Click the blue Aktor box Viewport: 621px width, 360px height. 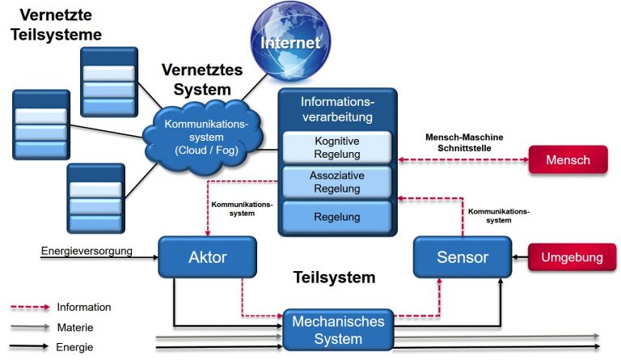click(x=207, y=257)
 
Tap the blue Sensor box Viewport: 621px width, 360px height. click(x=462, y=257)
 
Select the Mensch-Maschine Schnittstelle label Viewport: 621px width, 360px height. click(x=463, y=143)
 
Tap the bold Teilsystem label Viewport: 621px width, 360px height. click(x=334, y=278)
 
